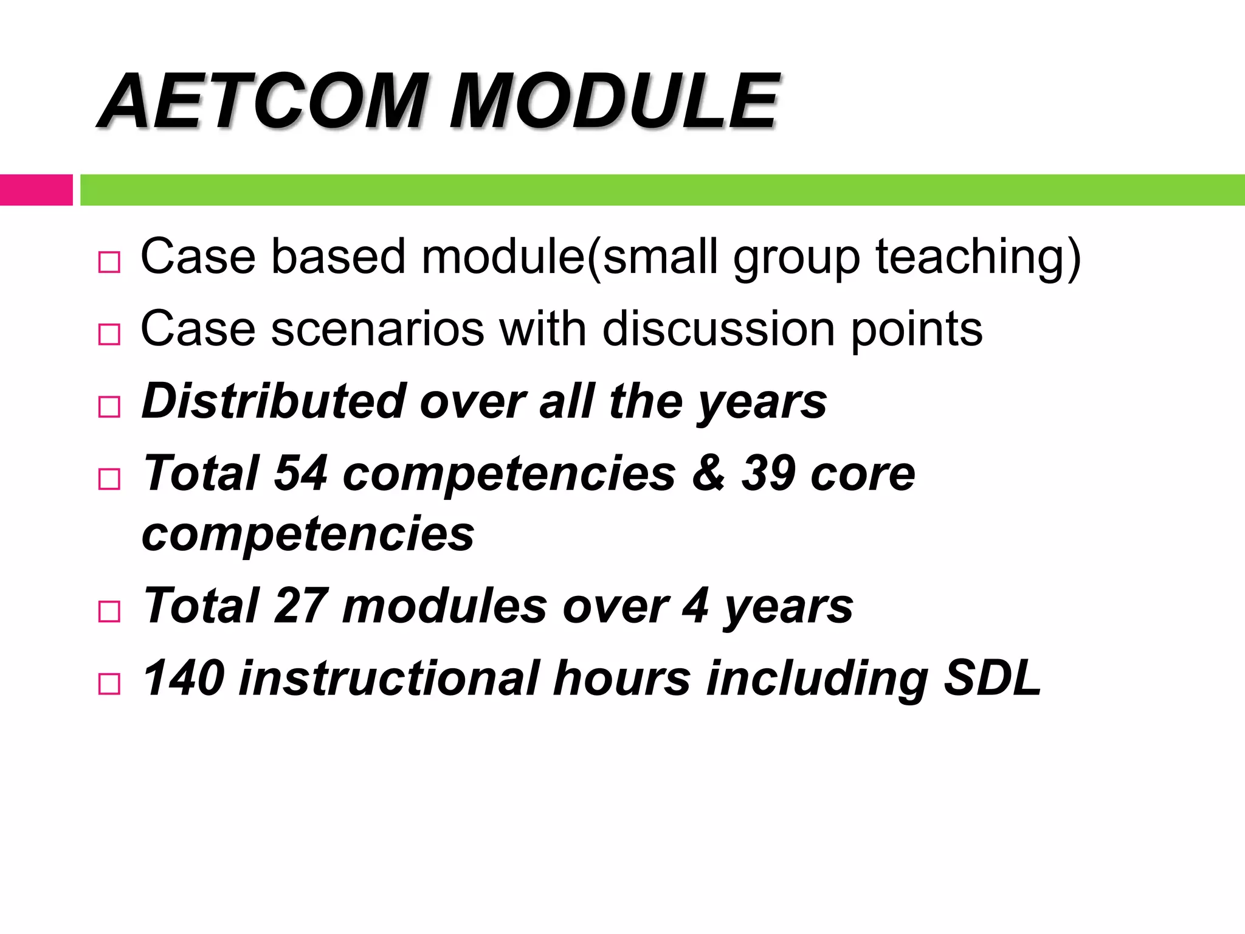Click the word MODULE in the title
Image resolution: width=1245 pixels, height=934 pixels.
point(614,102)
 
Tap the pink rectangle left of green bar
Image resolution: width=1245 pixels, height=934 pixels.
point(36,190)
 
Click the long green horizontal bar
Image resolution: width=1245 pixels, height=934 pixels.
point(663,190)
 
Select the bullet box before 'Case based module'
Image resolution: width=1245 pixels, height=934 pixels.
point(109,262)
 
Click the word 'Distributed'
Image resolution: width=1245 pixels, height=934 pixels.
point(274,401)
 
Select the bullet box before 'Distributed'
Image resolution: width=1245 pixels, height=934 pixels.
point(109,406)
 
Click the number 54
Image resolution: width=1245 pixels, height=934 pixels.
point(301,473)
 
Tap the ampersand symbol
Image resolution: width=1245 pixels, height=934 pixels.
point(708,473)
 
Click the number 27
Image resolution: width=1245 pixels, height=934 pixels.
point(301,606)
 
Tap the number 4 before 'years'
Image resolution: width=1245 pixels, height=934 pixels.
point(695,606)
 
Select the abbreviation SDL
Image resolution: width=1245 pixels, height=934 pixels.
point(992,678)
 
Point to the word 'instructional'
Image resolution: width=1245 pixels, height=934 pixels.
point(389,678)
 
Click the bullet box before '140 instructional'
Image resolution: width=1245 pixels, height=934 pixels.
point(109,683)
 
